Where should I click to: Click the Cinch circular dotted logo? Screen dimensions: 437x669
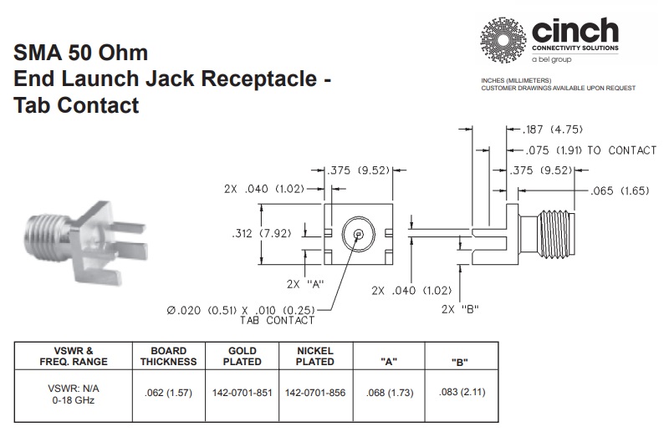pyautogui.click(x=503, y=39)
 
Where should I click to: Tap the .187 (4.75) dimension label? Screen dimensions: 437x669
pyautogui.click(x=553, y=130)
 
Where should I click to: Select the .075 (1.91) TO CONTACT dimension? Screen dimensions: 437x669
pyautogui.click(x=590, y=150)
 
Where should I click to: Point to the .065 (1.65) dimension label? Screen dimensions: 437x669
pyautogui.click(x=621, y=191)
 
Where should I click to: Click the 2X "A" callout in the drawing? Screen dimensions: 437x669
pyautogui.click(x=305, y=284)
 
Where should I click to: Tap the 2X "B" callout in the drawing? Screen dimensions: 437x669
pyautogui.click(x=458, y=309)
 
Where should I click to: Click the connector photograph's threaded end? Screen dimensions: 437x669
pyautogui.click(x=43, y=227)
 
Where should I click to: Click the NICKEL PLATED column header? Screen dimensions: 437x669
pyautogui.click(x=314, y=356)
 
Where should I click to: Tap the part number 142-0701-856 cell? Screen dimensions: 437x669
pyautogui.click(x=314, y=393)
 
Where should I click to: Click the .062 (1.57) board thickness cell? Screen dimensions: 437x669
pyautogui.click(x=168, y=393)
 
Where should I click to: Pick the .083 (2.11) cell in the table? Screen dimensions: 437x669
pyautogui.click(x=458, y=393)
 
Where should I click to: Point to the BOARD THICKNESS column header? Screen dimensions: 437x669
pyautogui.click(x=168, y=356)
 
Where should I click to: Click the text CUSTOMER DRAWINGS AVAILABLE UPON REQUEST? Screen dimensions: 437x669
pyautogui.click(x=558, y=88)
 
